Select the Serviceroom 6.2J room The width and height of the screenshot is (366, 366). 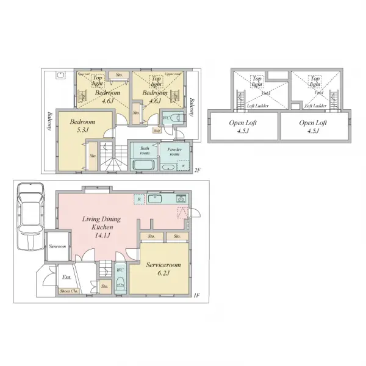click(x=163, y=269)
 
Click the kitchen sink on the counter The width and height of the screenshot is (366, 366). click(x=155, y=198)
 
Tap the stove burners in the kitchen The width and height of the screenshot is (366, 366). click(x=181, y=199)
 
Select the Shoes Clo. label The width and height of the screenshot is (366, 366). click(x=68, y=292)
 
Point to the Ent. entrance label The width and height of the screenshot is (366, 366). click(x=66, y=278)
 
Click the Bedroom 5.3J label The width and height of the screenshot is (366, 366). click(x=80, y=126)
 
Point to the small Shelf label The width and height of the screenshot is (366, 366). click(x=157, y=130)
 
